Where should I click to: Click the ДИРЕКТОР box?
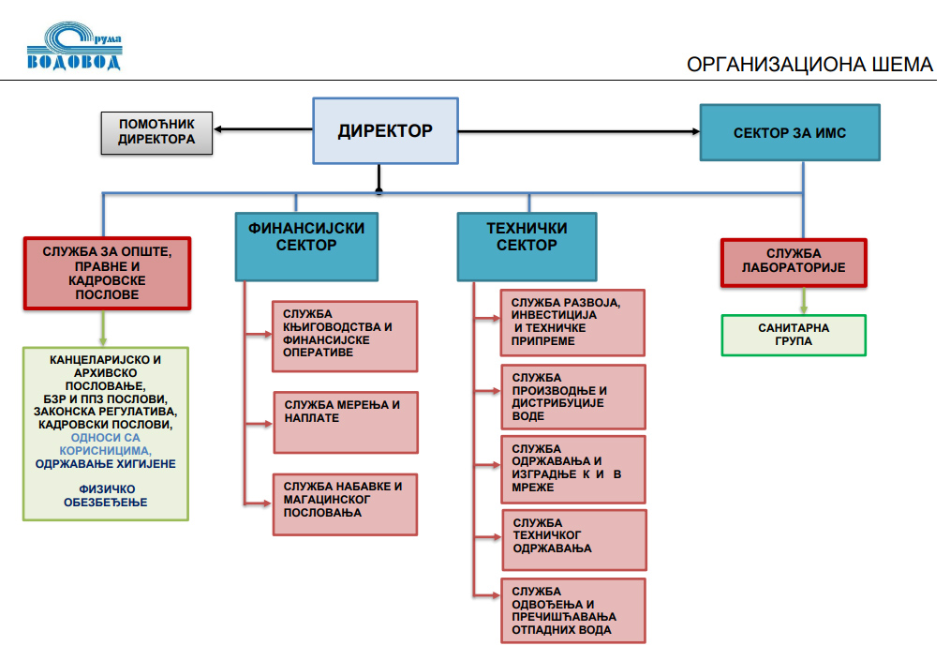click(385, 130)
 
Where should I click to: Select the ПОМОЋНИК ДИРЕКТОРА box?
click(156, 132)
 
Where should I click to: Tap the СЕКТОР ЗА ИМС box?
click(789, 133)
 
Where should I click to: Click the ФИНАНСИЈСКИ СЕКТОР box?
click(305, 246)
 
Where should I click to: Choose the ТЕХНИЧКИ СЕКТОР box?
click(527, 246)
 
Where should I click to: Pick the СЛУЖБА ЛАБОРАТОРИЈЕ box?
click(793, 262)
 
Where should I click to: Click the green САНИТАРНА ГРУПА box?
click(793, 335)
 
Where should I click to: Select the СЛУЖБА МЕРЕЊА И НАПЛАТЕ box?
click(345, 422)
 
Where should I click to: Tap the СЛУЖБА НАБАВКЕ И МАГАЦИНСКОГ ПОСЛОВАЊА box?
click(345, 504)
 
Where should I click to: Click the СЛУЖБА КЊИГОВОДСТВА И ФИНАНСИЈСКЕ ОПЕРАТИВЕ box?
click(345, 336)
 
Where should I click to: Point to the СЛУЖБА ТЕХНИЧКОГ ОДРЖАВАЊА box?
click(573, 539)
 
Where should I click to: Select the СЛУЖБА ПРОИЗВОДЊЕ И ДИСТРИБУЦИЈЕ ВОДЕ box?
click(573, 397)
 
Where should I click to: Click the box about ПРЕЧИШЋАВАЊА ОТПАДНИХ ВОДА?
click(573, 610)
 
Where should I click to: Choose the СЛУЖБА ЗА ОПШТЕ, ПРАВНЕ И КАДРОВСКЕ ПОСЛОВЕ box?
click(107, 273)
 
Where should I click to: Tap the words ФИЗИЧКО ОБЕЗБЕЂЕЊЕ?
click(105, 495)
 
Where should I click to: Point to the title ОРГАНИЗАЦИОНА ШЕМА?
click(809, 65)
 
